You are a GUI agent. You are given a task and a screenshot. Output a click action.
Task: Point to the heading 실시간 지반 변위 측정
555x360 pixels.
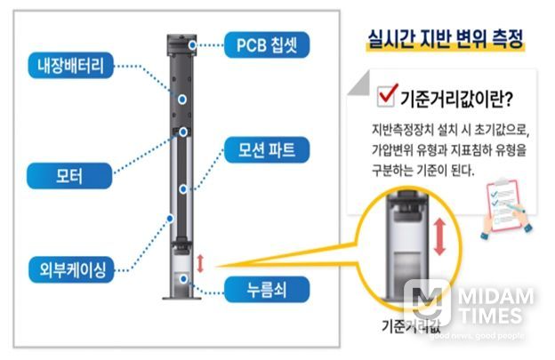445,40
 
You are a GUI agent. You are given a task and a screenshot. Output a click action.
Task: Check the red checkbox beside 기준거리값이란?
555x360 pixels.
387,95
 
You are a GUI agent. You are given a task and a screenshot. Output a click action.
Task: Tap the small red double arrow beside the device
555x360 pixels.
200,264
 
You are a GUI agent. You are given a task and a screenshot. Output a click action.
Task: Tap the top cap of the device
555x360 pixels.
181,41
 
